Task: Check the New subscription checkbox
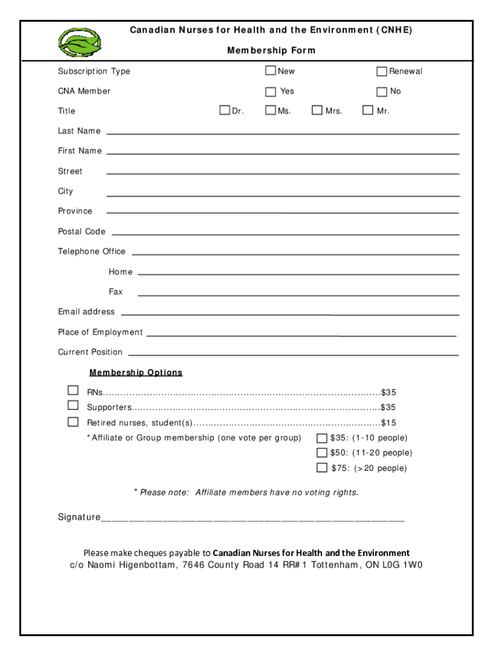[x=271, y=70]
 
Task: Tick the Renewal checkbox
[x=382, y=71]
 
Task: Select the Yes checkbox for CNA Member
[x=271, y=91]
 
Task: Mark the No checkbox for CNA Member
[x=382, y=91]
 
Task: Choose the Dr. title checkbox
[x=225, y=110]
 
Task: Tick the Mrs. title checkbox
[x=317, y=110]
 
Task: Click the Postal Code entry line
[x=285, y=233]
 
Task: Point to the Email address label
[x=86, y=312]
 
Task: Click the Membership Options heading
[x=136, y=372]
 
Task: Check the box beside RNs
[x=74, y=391]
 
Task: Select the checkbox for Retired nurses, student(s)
[x=74, y=422]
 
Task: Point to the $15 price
[x=389, y=423]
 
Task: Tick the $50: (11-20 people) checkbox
[x=322, y=452]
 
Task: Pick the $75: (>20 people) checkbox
[x=322, y=468]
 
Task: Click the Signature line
[x=253, y=519]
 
